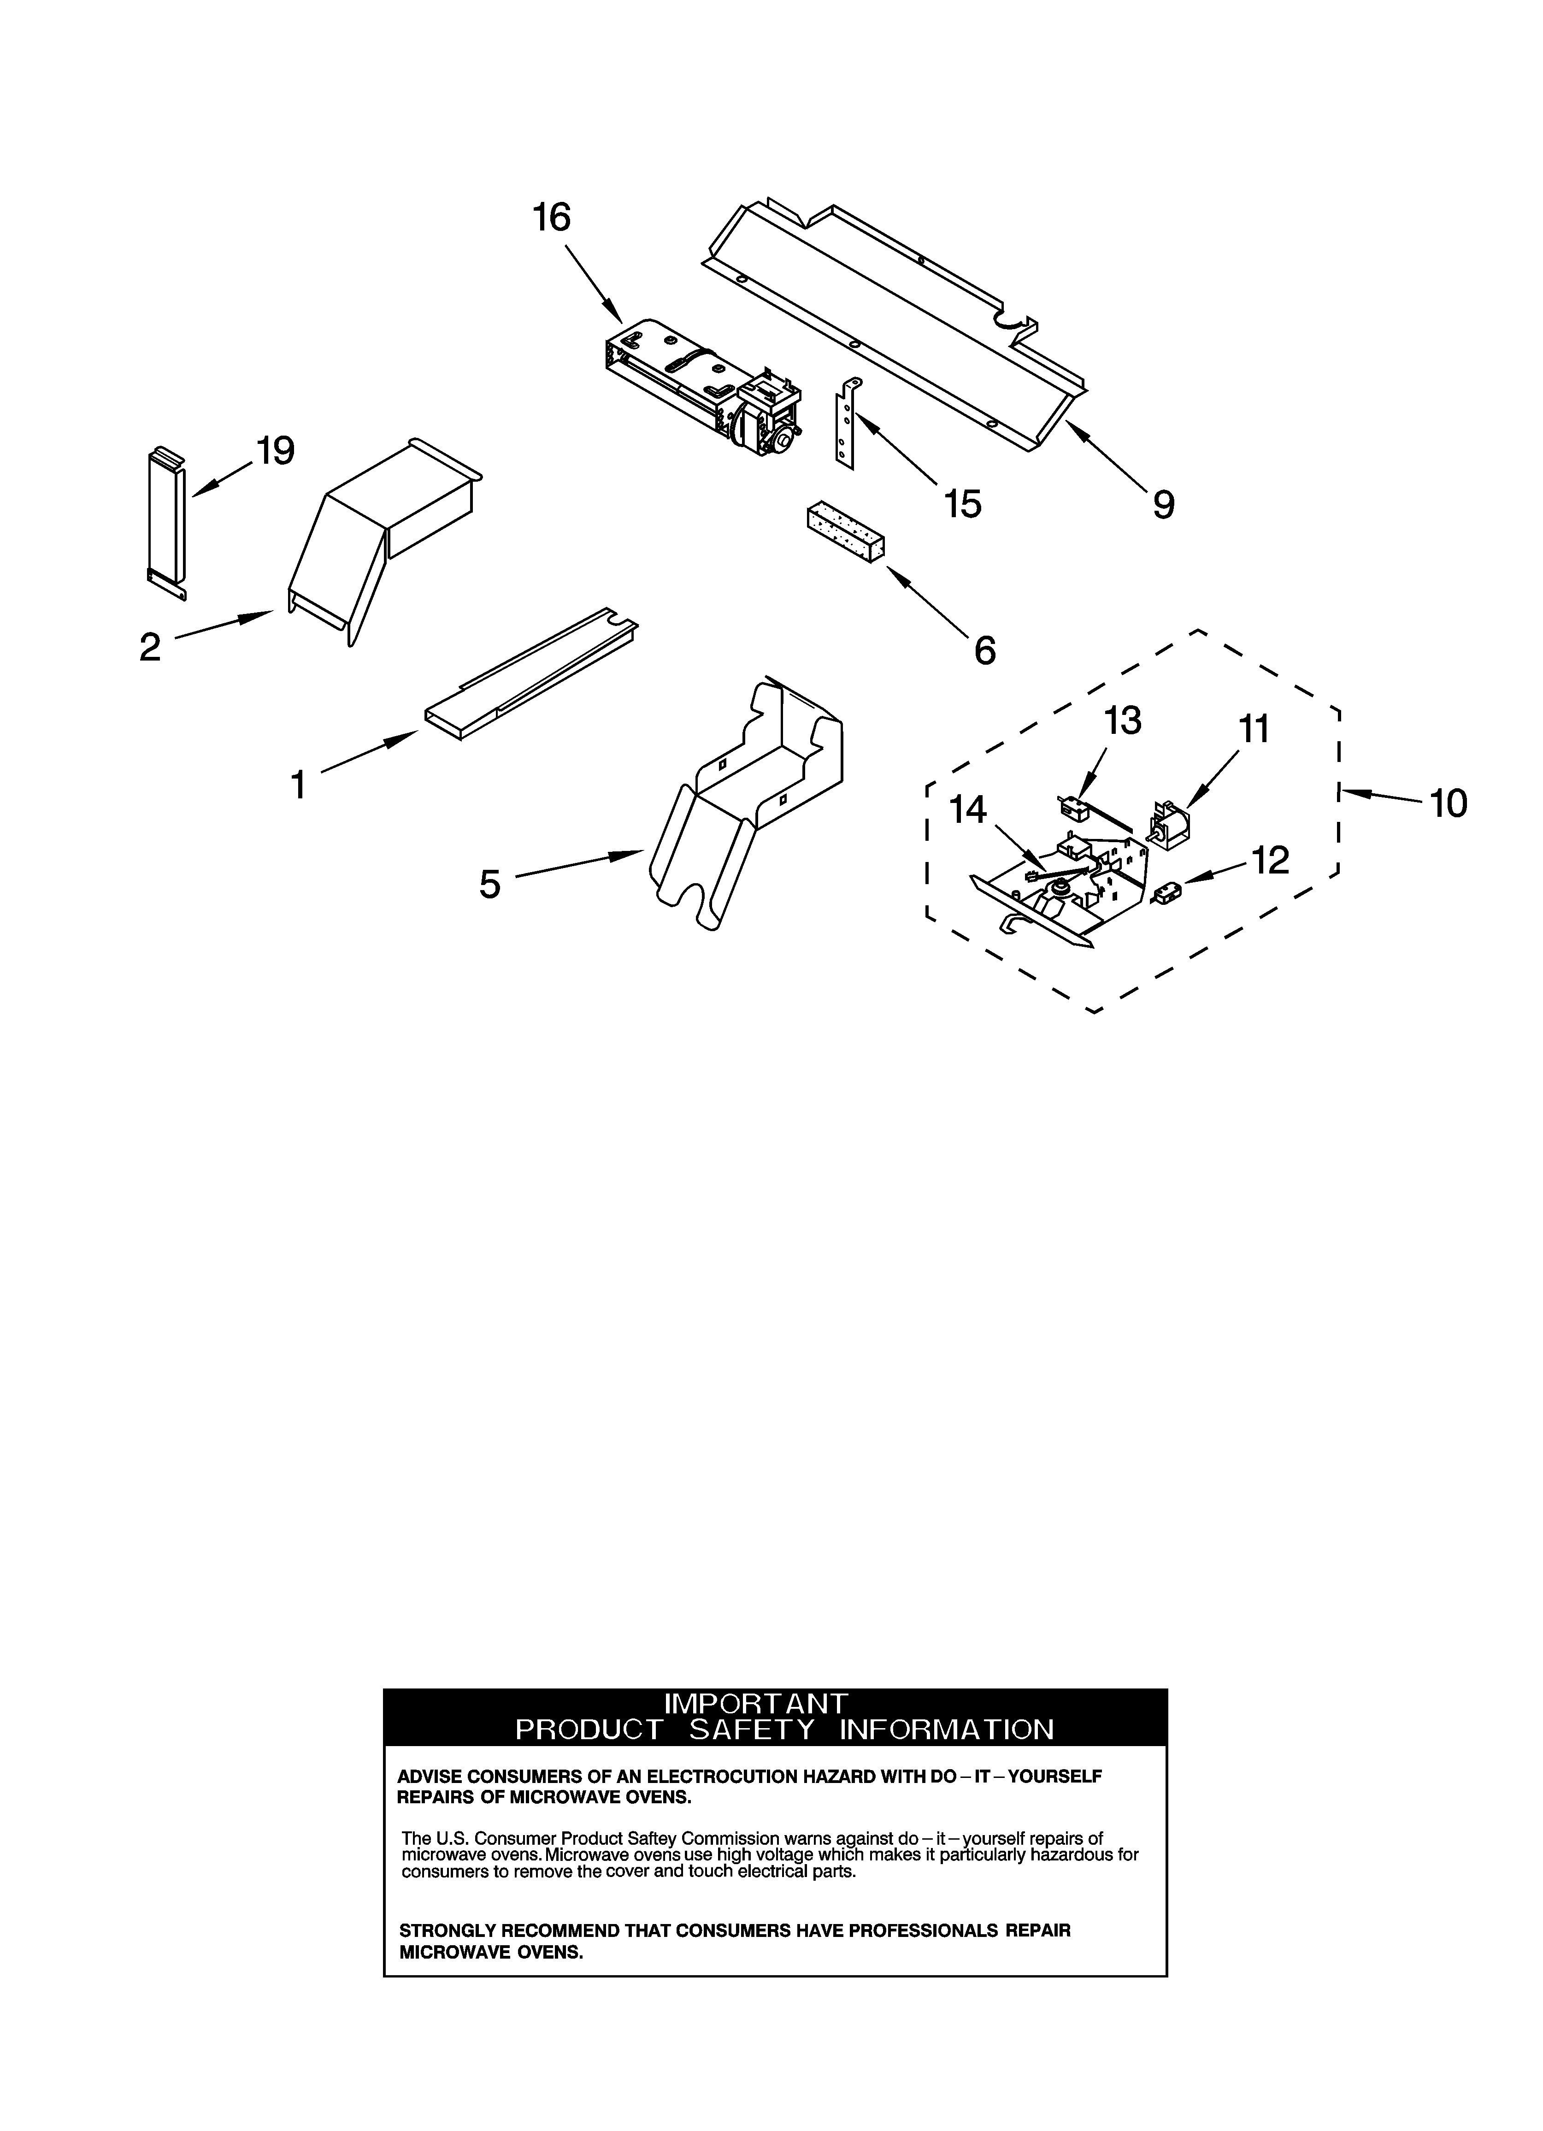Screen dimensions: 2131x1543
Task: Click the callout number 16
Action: pyautogui.click(x=552, y=218)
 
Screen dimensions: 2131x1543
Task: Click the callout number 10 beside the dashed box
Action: pyautogui.click(x=1448, y=803)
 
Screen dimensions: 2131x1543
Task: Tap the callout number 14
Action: pyautogui.click(x=968, y=809)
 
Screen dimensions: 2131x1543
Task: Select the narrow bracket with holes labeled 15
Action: pyautogui.click(x=847, y=423)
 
